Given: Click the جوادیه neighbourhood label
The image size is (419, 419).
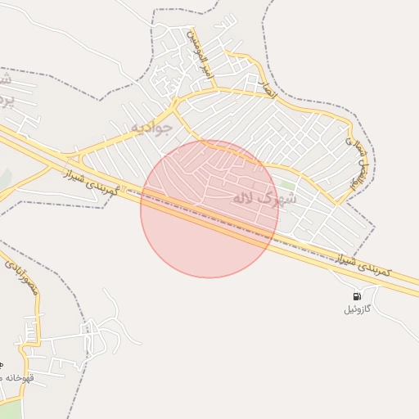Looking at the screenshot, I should pyautogui.click(x=152, y=128).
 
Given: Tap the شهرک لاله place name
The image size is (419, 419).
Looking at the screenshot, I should pyautogui.click(x=265, y=198).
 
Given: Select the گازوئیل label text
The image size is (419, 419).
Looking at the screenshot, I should pyautogui.click(x=357, y=309).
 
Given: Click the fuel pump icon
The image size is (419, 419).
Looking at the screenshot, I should pyautogui.click(x=356, y=296).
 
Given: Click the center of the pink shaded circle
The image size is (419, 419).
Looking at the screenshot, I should pyautogui.click(x=209, y=209).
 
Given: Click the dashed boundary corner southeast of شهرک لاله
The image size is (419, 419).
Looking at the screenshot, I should pyautogui.click(x=375, y=225).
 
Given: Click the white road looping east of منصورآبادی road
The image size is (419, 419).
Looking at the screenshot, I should pyautogui.click(x=106, y=323).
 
